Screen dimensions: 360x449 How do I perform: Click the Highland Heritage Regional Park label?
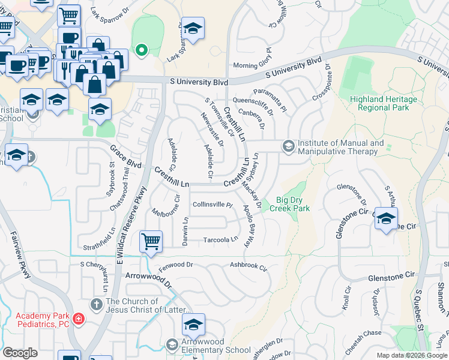coord(383,103)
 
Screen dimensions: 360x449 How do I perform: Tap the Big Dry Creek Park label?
coord(293,204)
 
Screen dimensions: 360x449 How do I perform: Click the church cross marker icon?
coord(95,305)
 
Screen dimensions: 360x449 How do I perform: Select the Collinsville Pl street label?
coord(212,205)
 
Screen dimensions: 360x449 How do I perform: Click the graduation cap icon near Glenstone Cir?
coord(386,218)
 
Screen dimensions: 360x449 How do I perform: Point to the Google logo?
coord(20,353)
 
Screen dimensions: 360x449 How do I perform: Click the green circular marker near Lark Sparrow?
coord(142,50)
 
